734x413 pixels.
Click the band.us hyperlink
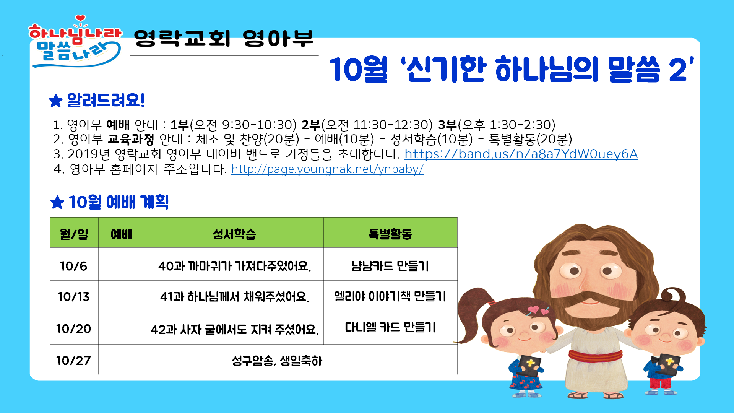coord(521,154)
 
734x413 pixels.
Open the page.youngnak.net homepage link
coord(327,169)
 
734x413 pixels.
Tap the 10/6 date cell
coord(74,265)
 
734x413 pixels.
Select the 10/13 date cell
coord(74,296)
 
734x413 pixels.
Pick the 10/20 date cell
coord(74,328)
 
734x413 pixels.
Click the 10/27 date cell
coord(74,359)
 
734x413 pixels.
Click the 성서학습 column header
coord(234,233)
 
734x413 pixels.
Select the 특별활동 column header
coord(390,233)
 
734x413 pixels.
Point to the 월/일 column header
coord(74,233)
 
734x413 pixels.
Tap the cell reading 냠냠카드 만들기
coord(390,265)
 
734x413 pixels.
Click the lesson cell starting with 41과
coord(234,296)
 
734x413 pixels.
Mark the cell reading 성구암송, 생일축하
coord(278,359)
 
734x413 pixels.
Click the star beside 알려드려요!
coord(56,101)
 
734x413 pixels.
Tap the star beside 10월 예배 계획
coord(57,202)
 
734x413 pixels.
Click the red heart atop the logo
coord(80,18)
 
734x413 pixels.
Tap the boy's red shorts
coord(661,383)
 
